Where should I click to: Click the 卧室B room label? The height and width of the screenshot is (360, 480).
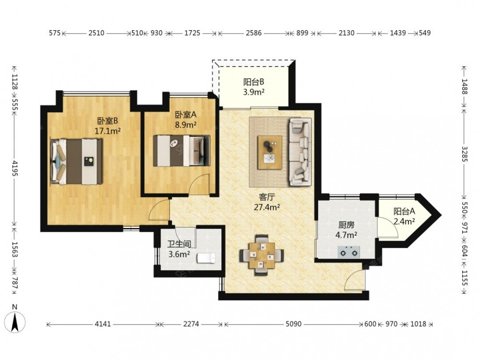(x=108, y=121)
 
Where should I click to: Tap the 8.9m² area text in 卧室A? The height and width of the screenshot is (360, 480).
(x=186, y=125)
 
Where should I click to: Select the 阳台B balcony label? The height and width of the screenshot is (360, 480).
(x=254, y=82)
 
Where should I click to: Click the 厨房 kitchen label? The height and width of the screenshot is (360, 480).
(x=346, y=225)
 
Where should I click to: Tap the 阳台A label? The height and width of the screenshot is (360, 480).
(x=404, y=211)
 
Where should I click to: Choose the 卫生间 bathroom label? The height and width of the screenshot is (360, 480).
(x=179, y=244)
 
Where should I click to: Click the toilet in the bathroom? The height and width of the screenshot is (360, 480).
(x=206, y=258)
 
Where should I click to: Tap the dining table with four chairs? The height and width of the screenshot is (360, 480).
(x=262, y=255)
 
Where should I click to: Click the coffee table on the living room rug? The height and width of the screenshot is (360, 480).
(x=270, y=152)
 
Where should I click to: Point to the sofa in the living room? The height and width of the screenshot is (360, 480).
(x=300, y=152)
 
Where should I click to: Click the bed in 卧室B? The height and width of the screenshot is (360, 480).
(x=76, y=162)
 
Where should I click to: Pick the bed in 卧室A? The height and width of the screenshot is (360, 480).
(x=181, y=151)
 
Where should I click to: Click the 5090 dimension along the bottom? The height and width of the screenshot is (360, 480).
(x=294, y=324)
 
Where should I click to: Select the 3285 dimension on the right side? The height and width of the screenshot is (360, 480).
(x=464, y=154)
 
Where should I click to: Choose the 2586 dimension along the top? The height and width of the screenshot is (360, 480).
(x=254, y=33)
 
